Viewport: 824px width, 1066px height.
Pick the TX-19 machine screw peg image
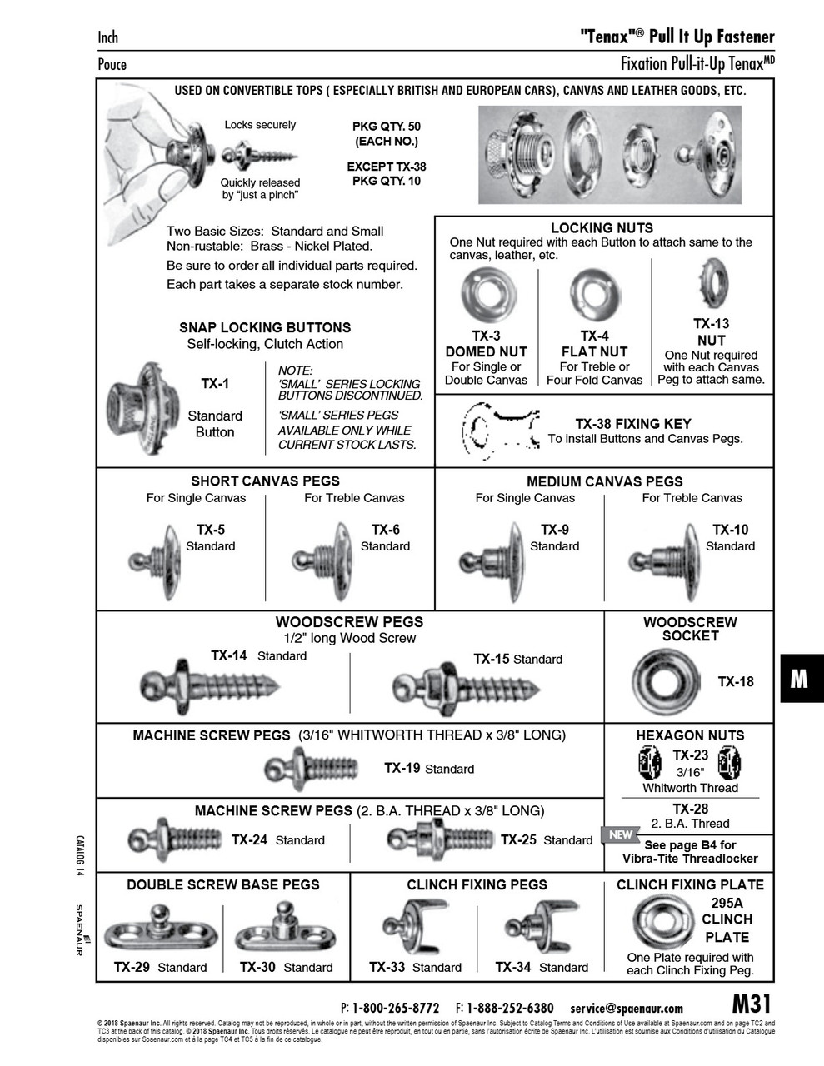click(x=311, y=768)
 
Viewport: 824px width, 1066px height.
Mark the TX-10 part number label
click(x=730, y=530)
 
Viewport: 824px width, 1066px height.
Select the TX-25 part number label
click(x=518, y=840)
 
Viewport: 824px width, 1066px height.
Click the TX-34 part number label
click(x=513, y=967)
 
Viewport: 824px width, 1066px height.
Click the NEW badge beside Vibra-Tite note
click(x=621, y=834)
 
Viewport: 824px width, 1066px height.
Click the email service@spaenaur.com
click(x=627, y=1008)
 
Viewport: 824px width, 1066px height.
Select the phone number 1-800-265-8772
click(x=396, y=1008)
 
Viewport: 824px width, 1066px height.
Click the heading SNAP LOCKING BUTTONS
click(x=265, y=328)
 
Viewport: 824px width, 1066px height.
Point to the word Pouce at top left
click(x=112, y=64)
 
